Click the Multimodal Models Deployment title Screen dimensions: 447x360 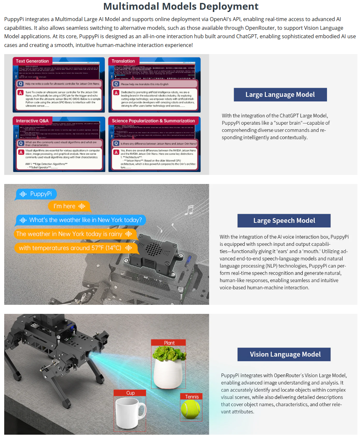coord(181,6)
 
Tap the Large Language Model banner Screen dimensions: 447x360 coord(280,95)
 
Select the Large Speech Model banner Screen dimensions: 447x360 coord(284,221)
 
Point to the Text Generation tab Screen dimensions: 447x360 coord(32,61)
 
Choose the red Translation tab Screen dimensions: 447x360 coord(123,61)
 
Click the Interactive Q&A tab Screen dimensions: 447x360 coord(32,121)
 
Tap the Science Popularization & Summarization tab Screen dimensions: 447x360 coord(153,121)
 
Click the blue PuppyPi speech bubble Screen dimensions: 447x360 coord(36,194)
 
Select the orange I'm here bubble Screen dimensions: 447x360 coord(69,206)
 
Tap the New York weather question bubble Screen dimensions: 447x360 coord(81,220)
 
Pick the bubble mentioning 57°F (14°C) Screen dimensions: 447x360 coord(75,248)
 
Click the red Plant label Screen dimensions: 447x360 coord(169,343)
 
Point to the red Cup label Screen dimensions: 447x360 coord(130,393)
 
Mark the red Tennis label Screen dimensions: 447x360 coord(191,397)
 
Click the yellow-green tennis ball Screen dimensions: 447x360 coord(191,409)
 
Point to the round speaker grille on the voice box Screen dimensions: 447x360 coord(153,249)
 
